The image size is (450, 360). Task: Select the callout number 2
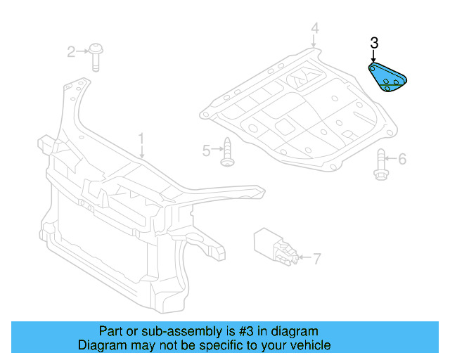pyautogui.click(x=72, y=52)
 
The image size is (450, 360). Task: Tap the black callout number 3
pyautogui.click(x=374, y=43)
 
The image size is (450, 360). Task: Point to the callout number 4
pyautogui.click(x=315, y=28)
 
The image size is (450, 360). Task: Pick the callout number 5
pyautogui.click(x=207, y=150)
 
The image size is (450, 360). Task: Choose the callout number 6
pyautogui.click(x=402, y=159)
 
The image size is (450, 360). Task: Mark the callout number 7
pyautogui.click(x=316, y=259)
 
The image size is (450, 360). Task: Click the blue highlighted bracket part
pyautogui.click(x=387, y=77)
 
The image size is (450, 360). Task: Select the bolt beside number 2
pyautogui.click(x=96, y=58)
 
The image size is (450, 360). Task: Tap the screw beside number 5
pyautogui.click(x=228, y=152)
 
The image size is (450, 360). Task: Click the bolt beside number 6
pyautogui.click(x=381, y=165)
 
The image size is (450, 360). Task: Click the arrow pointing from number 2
pyautogui.click(x=82, y=51)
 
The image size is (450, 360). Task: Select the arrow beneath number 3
pyautogui.click(x=373, y=56)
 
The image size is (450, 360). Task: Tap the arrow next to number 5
pyautogui.click(x=217, y=148)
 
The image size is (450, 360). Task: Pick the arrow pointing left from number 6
pyautogui.click(x=391, y=158)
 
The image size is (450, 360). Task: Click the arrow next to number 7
pyautogui.click(x=304, y=257)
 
